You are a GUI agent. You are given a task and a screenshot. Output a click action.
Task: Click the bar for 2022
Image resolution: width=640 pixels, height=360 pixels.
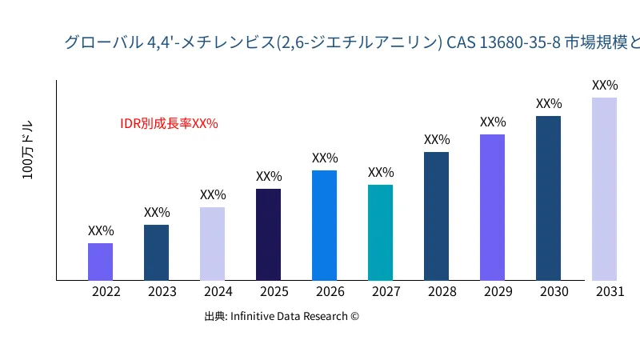pyautogui.click(x=100, y=262)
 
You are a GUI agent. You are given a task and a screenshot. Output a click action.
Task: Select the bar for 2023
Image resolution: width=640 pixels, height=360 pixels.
pyautogui.click(x=156, y=252)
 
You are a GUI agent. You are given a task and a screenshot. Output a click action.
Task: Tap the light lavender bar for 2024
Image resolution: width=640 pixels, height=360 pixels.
pyautogui.click(x=212, y=243)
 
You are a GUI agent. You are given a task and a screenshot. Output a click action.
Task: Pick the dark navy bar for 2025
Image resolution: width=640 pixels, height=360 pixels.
pyautogui.click(x=268, y=234)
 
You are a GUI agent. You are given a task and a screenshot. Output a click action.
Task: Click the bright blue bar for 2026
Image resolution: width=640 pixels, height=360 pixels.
pyautogui.click(x=324, y=225)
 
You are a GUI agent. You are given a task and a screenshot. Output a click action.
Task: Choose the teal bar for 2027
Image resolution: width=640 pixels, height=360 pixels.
pyautogui.click(x=380, y=232)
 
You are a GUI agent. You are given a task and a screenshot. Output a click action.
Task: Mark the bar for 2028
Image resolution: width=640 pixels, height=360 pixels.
pyautogui.click(x=436, y=216)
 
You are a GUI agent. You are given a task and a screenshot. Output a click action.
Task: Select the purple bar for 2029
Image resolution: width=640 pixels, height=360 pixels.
pyautogui.click(x=492, y=207)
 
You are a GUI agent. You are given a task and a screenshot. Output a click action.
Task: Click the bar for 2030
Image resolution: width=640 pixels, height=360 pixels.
pyautogui.click(x=548, y=198)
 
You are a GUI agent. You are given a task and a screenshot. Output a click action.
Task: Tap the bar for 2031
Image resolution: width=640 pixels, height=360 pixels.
pyautogui.click(x=604, y=189)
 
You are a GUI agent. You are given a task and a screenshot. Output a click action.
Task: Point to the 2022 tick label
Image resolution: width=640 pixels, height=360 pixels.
pyautogui.click(x=106, y=291)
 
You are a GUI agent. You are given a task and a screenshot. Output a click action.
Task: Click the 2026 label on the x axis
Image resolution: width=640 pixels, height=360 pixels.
pyautogui.click(x=330, y=291)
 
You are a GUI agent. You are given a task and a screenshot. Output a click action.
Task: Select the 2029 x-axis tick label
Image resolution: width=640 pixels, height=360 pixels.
pyautogui.click(x=498, y=291)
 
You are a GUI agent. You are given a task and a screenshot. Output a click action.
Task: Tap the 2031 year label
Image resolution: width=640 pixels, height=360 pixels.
pyautogui.click(x=610, y=291)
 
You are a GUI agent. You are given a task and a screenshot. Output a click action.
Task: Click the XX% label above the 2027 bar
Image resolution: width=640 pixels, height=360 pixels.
pyautogui.click(x=381, y=172)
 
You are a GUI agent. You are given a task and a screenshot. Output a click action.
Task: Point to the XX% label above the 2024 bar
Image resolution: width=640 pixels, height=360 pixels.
pyautogui.click(x=213, y=194)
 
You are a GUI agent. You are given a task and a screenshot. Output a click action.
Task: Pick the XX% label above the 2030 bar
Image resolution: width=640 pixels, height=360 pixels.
pyautogui.click(x=549, y=103)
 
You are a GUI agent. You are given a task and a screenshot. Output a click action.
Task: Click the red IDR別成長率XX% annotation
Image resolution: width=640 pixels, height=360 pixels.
pyautogui.click(x=169, y=123)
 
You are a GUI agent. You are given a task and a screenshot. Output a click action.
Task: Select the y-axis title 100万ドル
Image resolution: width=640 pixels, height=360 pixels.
pyautogui.click(x=28, y=150)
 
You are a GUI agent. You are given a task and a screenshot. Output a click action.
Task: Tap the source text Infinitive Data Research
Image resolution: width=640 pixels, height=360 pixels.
pyautogui.click(x=282, y=316)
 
